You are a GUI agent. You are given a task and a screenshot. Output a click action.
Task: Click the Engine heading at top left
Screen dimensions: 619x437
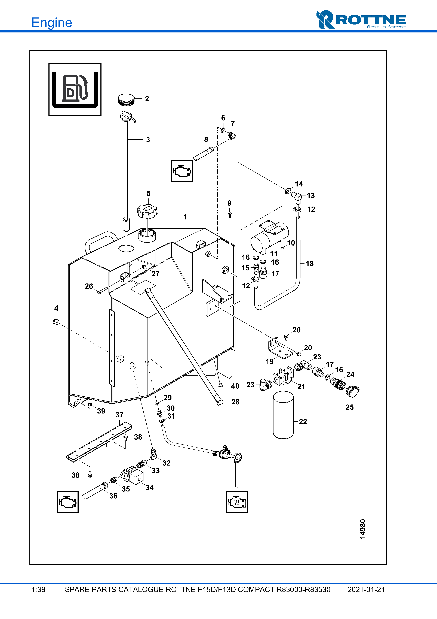click(x=52, y=23)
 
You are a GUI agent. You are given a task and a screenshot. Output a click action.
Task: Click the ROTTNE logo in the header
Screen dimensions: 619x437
click(x=361, y=20)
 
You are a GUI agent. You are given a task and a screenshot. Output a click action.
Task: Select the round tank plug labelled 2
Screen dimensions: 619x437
click(x=126, y=100)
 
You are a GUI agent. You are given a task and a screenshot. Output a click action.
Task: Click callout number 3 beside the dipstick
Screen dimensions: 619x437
click(x=148, y=140)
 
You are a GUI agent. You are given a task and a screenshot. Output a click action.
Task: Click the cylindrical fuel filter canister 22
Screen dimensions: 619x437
click(x=283, y=415)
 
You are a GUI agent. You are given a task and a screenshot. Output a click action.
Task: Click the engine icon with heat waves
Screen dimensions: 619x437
click(x=237, y=502)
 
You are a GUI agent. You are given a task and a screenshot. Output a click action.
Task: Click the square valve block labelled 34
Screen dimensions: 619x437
click(x=137, y=477)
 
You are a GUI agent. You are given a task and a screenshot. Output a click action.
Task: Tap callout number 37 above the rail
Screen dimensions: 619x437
click(x=119, y=415)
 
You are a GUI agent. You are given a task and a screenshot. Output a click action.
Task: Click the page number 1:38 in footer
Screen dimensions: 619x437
click(x=38, y=590)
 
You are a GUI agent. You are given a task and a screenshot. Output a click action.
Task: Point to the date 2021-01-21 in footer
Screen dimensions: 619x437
click(x=366, y=590)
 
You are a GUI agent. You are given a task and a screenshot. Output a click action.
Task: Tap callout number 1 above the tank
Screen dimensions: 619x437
click(x=185, y=217)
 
